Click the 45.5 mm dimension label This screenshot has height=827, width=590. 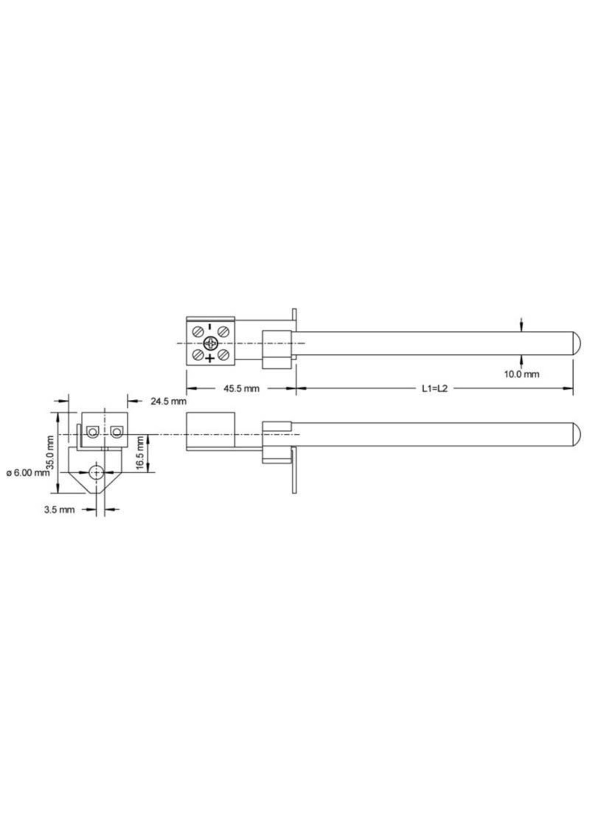[241, 388]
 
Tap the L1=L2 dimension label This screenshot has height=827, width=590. [435, 388]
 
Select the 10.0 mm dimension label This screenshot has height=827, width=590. [522, 374]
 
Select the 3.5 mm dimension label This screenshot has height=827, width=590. [59, 510]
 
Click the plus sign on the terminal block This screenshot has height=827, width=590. [210, 359]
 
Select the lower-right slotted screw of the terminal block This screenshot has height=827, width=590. [223, 354]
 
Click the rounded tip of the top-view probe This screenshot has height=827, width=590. [577, 343]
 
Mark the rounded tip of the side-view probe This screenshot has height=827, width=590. [577, 434]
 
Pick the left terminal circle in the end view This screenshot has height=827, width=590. [92, 432]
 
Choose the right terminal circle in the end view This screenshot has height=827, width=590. [116, 432]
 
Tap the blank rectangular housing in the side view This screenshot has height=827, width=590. [210, 429]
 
